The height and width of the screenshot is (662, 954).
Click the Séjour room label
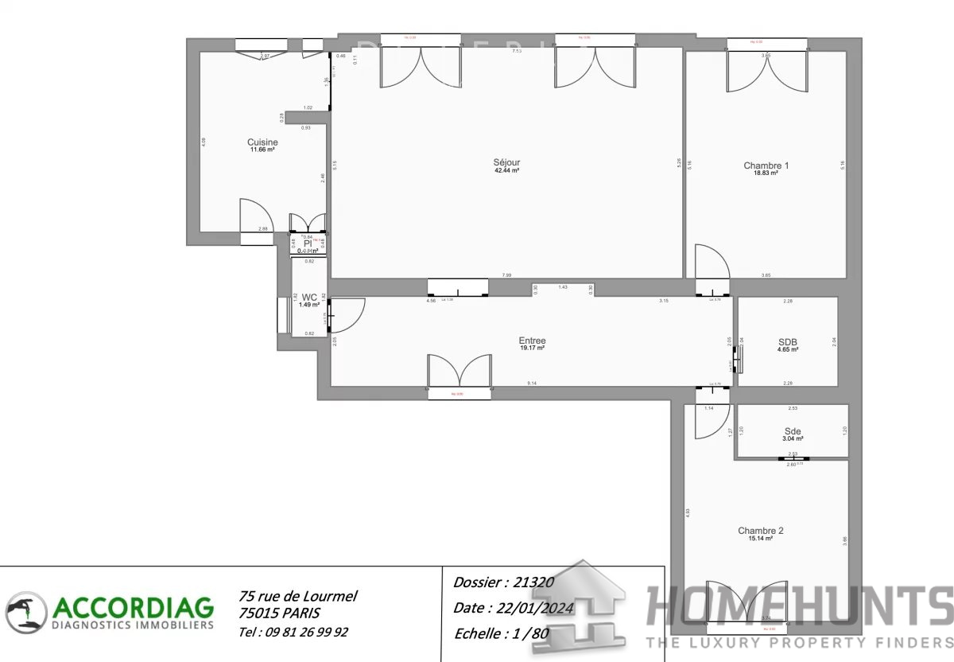click(506, 162)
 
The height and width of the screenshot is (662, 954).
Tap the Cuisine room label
click(262, 142)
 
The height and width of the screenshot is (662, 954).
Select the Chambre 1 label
click(766, 165)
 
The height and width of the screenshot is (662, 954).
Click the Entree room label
click(532, 341)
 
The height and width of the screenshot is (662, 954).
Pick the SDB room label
click(787, 342)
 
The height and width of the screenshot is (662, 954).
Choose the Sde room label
click(793, 431)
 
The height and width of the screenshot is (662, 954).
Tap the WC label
click(309, 297)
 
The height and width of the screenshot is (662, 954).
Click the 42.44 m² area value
click(506, 170)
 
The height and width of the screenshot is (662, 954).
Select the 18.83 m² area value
click(766, 173)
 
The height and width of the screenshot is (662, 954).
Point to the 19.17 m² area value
click(532, 348)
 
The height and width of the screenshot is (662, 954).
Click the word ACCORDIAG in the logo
click(133, 608)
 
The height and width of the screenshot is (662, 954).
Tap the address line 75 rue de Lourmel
click(297, 596)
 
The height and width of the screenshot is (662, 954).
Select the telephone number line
click(293, 632)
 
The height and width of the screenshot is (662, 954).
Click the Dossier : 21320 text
click(502, 582)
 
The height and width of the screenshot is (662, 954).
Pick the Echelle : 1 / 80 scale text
click(502, 634)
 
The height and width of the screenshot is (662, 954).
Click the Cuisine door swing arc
click(258, 215)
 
